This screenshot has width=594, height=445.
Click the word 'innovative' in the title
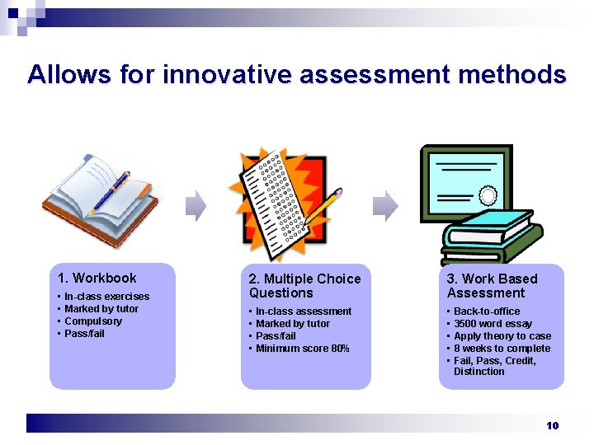click(227, 75)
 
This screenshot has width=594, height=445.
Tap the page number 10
click(553, 425)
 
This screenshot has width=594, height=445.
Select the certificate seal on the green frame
click(488, 196)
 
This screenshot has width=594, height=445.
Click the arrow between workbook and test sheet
click(196, 206)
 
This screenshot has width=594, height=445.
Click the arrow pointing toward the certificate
click(384, 206)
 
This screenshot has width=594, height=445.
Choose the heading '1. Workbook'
click(97, 278)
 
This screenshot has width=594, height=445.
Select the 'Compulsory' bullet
click(92, 321)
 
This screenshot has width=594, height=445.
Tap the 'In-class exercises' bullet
click(106, 297)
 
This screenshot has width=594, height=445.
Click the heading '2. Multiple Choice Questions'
click(304, 286)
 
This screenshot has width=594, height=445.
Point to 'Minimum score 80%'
click(302, 349)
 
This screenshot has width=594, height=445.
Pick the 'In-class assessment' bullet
click(303, 311)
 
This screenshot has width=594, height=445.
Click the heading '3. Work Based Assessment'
click(492, 286)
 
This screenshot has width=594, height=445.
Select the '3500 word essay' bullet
click(493, 324)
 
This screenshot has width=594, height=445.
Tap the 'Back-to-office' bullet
click(487, 311)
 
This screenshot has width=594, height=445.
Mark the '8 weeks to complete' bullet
click(502, 349)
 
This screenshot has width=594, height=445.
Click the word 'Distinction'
click(478, 372)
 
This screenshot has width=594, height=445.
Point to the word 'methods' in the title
click(513, 75)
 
